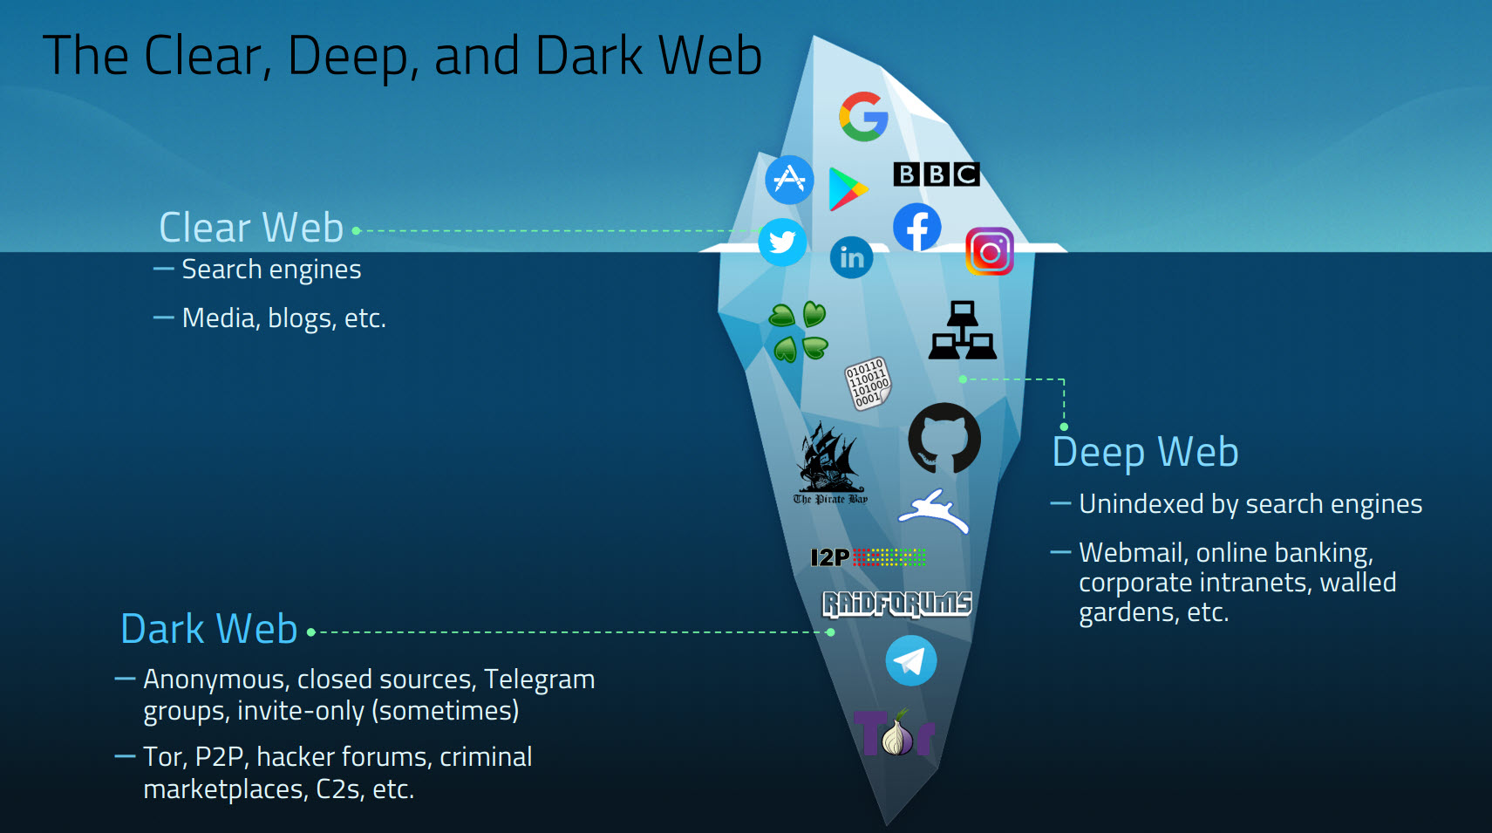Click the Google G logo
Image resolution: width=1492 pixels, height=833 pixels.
[x=863, y=116]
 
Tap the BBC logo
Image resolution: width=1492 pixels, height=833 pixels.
[x=937, y=174]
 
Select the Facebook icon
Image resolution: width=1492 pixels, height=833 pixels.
[x=917, y=228]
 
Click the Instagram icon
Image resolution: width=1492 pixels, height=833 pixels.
[x=990, y=252]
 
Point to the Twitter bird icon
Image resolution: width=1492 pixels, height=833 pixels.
[x=782, y=242]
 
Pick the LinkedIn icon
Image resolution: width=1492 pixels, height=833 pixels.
[x=852, y=257]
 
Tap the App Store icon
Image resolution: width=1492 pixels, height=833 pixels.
[x=789, y=180]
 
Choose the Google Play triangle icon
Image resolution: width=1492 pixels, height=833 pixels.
[x=847, y=189]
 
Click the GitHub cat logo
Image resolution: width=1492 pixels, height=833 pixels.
[x=944, y=438]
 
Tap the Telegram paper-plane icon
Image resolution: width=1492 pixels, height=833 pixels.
[x=911, y=661]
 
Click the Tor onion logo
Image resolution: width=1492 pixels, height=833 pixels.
[x=895, y=734]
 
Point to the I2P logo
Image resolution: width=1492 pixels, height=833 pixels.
[x=868, y=557]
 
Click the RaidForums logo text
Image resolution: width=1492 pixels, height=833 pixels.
[x=897, y=604]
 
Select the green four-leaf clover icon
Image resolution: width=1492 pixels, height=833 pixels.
[x=798, y=332]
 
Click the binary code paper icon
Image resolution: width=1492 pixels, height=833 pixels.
[x=868, y=383]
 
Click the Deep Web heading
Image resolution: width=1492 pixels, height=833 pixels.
[x=1145, y=453]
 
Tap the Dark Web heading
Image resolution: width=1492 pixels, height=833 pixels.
[x=209, y=629]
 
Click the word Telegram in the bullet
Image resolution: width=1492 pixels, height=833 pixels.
[x=539, y=679]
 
